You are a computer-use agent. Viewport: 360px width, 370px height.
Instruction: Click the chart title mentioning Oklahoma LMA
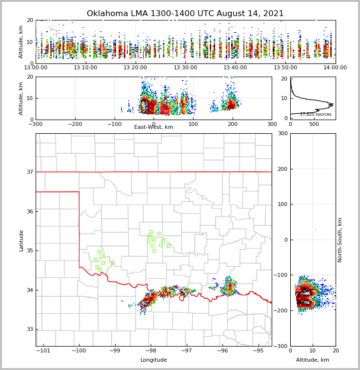[185, 14]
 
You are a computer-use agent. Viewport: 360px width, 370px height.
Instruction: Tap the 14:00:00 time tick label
[335, 67]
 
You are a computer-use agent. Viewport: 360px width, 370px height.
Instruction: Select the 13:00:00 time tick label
[36, 67]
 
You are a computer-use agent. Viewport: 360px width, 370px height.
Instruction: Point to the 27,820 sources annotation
[315, 114]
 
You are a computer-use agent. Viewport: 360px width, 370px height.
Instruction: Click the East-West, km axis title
[154, 127]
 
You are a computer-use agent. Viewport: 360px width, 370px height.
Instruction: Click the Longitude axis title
[154, 360]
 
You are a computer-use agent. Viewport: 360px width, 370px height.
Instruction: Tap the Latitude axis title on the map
[21, 240]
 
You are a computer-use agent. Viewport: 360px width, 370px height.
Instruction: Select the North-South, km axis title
[340, 240]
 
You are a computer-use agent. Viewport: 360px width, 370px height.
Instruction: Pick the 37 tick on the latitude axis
[30, 172]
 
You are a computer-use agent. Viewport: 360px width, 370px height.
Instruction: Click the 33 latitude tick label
[30, 329]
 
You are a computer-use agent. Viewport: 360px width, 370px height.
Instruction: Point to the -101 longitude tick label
[43, 350]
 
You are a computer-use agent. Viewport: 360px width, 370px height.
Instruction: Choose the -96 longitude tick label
[222, 350]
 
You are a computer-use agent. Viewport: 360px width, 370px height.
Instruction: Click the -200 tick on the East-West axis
[75, 124]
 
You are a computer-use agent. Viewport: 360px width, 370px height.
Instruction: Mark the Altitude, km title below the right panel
[313, 360]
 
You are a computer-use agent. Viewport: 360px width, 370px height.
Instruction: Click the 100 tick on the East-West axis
[193, 124]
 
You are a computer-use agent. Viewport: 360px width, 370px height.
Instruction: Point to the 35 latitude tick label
[30, 250]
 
